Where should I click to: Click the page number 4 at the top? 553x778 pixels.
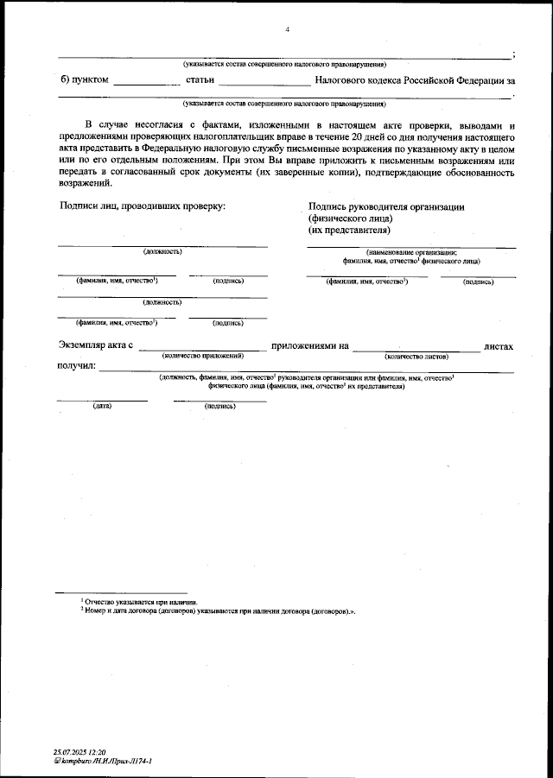287,30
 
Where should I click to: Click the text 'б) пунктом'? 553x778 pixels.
86,80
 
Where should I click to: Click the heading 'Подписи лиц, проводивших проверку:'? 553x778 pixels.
142,207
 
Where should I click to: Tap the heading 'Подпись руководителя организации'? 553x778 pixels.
386,207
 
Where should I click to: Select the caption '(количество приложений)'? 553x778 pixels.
203,356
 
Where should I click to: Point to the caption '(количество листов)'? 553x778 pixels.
416,356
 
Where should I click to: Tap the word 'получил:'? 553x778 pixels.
76,366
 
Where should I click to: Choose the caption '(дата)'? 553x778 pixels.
102,406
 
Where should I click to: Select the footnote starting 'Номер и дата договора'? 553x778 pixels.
219,610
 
